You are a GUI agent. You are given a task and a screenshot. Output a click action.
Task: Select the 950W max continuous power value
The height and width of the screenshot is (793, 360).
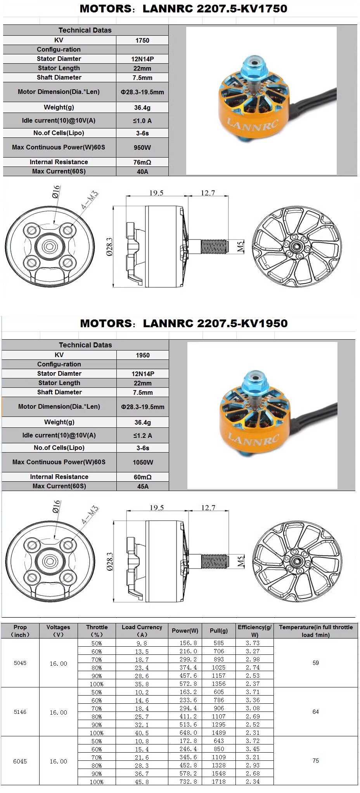(x=142, y=147)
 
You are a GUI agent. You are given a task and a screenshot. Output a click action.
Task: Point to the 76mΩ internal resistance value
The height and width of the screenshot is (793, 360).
(x=142, y=162)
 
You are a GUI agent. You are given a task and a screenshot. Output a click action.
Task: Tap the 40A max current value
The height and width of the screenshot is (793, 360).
(x=142, y=172)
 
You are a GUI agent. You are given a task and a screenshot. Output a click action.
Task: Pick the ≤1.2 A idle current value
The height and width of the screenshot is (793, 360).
(x=143, y=436)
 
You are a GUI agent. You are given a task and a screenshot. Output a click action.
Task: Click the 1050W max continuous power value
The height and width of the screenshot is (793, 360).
(x=143, y=462)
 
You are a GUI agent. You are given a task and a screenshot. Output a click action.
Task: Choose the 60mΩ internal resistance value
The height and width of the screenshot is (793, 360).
(x=143, y=477)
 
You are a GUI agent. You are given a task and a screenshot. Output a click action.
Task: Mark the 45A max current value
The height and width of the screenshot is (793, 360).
(x=143, y=486)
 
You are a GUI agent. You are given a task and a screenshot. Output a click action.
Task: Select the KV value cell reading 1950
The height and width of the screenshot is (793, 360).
(x=143, y=355)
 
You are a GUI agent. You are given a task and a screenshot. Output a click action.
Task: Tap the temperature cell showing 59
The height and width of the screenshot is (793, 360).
(x=316, y=663)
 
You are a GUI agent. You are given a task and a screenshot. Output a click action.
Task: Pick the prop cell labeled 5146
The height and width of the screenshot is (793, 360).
(x=20, y=712)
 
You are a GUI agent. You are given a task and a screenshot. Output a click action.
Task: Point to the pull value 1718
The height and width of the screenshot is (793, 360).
(x=219, y=781)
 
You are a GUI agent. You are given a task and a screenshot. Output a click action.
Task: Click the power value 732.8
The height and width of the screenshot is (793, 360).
(x=188, y=781)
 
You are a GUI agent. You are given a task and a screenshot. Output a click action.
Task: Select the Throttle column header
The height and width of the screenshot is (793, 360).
(x=97, y=631)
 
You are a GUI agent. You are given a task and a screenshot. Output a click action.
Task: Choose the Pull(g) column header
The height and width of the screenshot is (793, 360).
(x=219, y=631)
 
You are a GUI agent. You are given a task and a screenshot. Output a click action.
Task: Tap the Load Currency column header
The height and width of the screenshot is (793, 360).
(x=142, y=631)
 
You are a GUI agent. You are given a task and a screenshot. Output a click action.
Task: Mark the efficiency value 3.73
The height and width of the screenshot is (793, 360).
(x=253, y=643)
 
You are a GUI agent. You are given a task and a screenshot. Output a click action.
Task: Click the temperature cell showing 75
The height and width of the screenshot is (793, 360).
(x=316, y=761)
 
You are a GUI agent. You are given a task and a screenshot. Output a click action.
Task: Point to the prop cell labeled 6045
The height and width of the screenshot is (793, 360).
(x=20, y=761)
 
